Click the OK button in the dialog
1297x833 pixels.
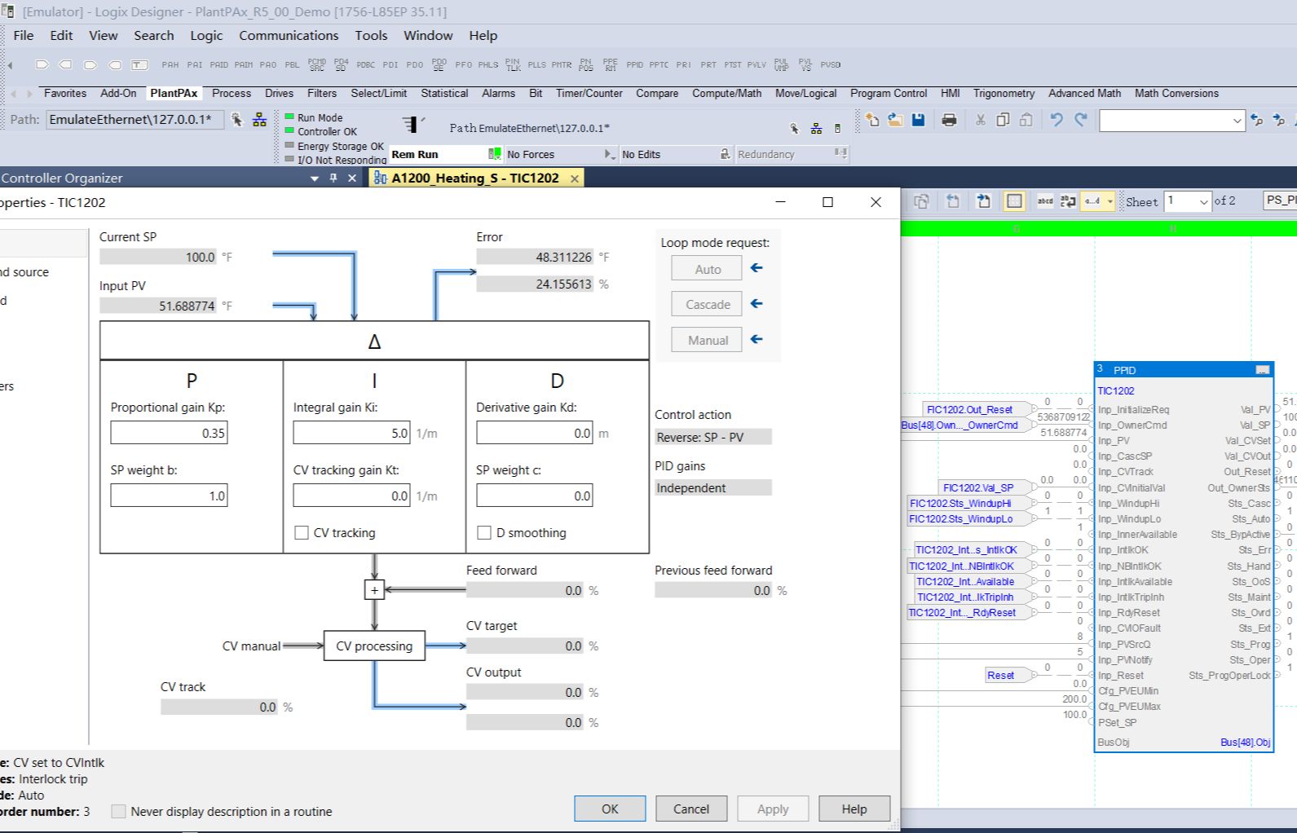[x=610, y=809]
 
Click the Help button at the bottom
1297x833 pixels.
[x=854, y=809]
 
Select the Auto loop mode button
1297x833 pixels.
[x=707, y=269]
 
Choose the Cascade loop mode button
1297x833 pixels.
[x=707, y=304]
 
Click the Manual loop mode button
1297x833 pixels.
[x=707, y=340]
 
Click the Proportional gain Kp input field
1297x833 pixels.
[x=170, y=433]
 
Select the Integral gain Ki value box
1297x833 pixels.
[x=351, y=433]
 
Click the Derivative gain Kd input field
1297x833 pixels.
[x=534, y=433]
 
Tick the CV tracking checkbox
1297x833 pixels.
[x=302, y=532]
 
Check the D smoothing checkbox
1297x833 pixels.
[x=484, y=532]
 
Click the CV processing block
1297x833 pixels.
[x=374, y=646]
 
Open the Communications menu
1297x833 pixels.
[x=289, y=35]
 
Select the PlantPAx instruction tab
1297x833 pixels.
[x=174, y=93]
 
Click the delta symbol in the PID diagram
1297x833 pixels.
[x=374, y=342]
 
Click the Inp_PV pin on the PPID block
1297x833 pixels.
[x=1114, y=441]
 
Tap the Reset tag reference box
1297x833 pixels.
[x=1000, y=675]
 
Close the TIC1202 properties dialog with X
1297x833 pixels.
[x=876, y=202]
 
